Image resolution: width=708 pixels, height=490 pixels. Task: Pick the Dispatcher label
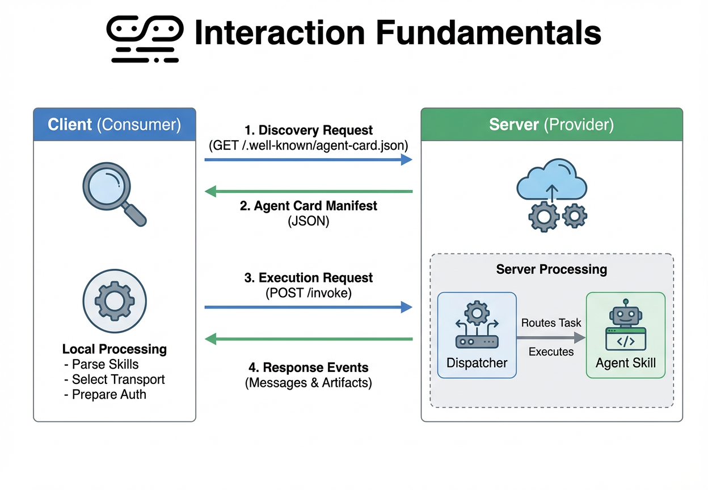point(477,363)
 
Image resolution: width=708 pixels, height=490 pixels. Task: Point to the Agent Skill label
point(625,363)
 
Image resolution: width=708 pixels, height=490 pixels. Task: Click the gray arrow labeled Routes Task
point(550,338)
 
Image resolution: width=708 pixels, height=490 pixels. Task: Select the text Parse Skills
point(105,364)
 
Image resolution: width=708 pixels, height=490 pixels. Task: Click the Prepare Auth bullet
point(108,394)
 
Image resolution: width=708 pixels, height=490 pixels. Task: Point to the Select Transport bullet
point(118,379)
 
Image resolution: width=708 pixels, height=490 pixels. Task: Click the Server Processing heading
point(551,269)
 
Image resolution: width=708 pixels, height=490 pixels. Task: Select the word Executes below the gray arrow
point(551,352)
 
